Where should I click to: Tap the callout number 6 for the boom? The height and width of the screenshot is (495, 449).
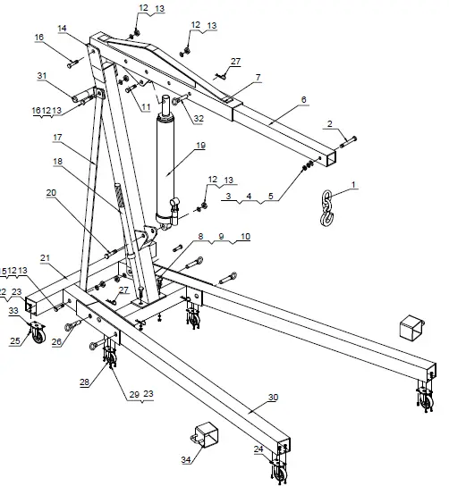pyautogui.click(x=303, y=99)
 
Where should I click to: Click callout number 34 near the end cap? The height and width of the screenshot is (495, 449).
pyautogui.click(x=186, y=460)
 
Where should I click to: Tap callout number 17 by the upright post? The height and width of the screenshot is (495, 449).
pyautogui.click(x=57, y=138)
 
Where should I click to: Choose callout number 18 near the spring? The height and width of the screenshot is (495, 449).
pyautogui.click(x=59, y=161)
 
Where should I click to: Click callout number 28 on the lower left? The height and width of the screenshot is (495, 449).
pyautogui.click(x=85, y=382)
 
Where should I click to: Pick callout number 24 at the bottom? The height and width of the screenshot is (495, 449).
pyautogui.click(x=259, y=449)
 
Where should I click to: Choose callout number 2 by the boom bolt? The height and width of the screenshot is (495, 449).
pyautogui.click(x=329, y=123)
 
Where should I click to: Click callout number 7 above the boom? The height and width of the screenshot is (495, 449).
pyautogui.click(x=258, y=79)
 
